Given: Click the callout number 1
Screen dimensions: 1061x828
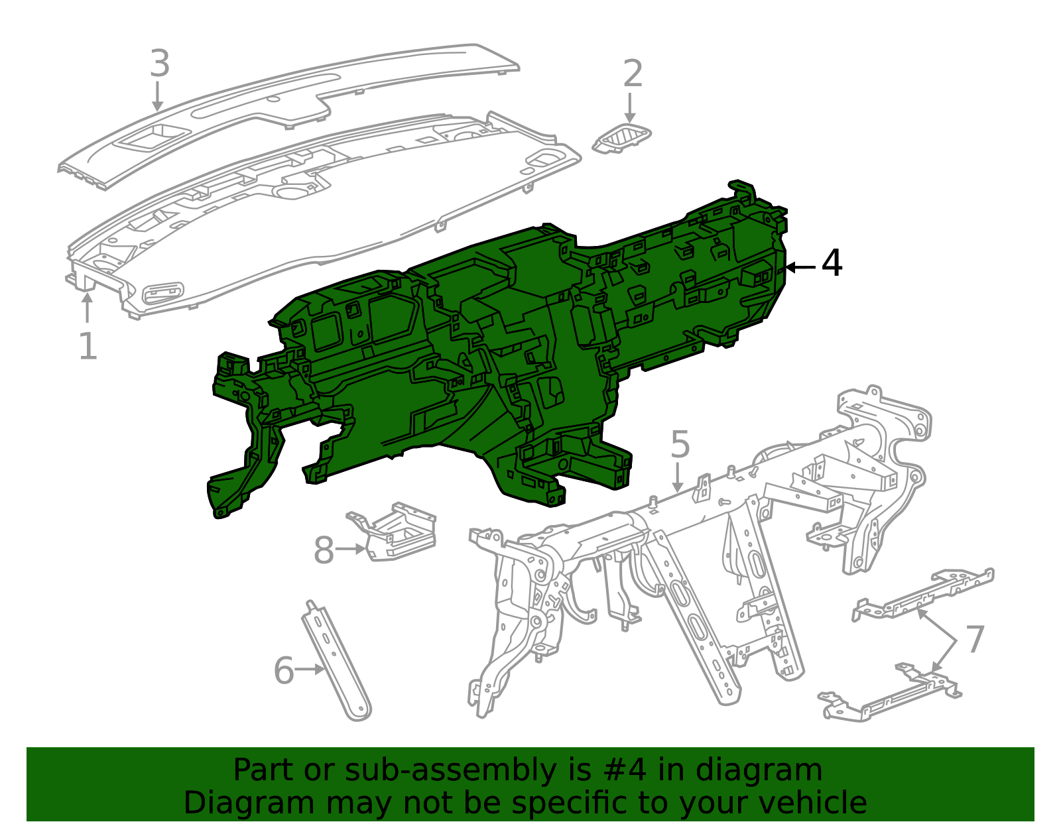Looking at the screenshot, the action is point(88,346).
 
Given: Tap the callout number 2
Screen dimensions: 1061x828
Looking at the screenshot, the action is point(633,73).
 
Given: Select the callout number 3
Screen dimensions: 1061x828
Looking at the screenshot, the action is point(160,63).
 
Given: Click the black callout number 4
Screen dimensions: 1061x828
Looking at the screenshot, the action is point(832,263).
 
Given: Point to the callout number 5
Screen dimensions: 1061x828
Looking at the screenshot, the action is point(680,444).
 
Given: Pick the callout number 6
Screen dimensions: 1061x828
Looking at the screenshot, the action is point(284,670).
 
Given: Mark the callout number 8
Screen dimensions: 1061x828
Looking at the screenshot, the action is point(324,550).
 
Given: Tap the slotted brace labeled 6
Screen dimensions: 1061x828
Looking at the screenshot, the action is point(336,661).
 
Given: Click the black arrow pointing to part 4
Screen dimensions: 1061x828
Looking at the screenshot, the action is point(800,267).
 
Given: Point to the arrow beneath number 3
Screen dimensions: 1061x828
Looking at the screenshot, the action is point(157,96).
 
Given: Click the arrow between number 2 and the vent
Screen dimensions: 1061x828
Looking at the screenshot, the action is point(630,108).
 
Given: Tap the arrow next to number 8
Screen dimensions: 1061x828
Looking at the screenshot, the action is point(351,549).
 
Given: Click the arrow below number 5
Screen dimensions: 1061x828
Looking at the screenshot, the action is point(677,478).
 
